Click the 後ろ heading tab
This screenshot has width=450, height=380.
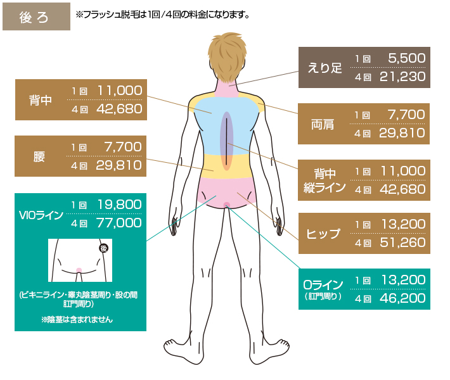pyautogui.click(x=36, y=16)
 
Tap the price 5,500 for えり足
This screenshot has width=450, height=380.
pyautogui.click(x=407, y=58)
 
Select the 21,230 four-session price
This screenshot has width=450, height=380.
pyautogui.click(x=402, y=77)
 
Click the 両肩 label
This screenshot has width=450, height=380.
pyautogui.click(x=323, y=125)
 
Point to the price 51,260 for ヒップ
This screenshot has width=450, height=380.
pyautogui.click(x=402, y=243)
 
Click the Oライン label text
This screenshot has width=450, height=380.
pyautogui.click(x=323, y=285)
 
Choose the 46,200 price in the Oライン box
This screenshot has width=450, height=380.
pyautogui.click(x=402, y=298)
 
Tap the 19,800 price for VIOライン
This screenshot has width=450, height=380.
pyautogui.click(x=119, y=205)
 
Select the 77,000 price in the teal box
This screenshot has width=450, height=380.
pyautogui.click(x=119, y=223)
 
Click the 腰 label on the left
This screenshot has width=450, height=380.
pyautogui.click(x=39, y=157)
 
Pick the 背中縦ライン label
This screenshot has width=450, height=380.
pyautogui.click(x=325, y=180)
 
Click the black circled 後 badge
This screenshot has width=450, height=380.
pyautogui.click(x=103, y=248)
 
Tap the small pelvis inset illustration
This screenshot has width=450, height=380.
pyautogui.click(x=80, y=260)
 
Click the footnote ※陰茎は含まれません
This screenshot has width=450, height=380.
pyautogui.click(x=77, y=319)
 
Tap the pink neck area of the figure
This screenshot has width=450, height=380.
pyautogui.click(x=227, y=88)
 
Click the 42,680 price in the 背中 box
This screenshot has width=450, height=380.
pyautogui.click(x=119, y=109)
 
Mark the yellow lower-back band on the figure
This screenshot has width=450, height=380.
pyautogui.click(x=227, y=167)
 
